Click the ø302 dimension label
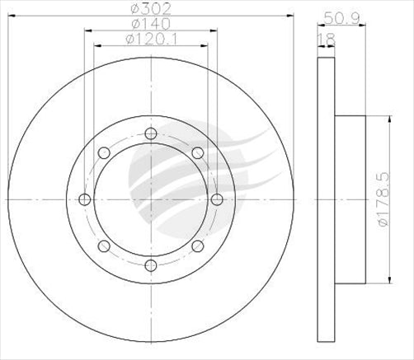pos(150,12)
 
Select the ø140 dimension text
pos(150,25)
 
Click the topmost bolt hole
pos(150,134)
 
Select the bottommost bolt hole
pos(150,264)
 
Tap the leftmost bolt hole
pos(85,199)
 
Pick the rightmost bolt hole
pos(216,199)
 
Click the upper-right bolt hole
pos(196,153)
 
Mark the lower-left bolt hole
pos(104,245)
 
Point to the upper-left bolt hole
pos(104,153)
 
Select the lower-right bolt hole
pos(196,245)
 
